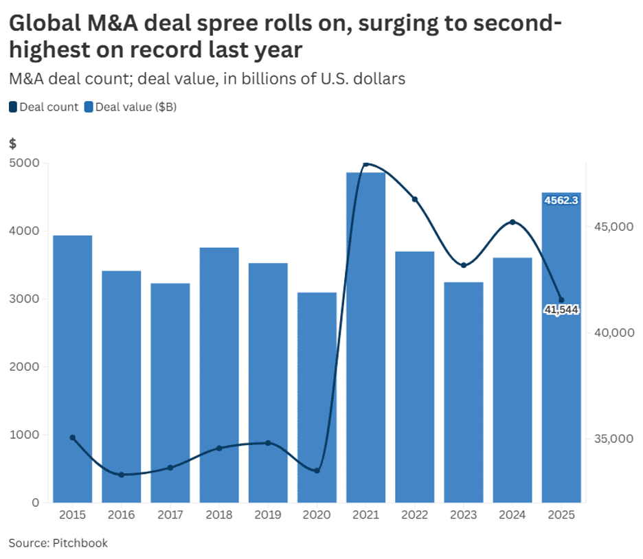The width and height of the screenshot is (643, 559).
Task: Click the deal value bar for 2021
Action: (x=365, y=336)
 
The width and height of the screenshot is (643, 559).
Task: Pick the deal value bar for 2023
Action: (x=463, y=391)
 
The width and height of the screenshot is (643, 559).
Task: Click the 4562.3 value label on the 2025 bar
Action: (x=561, y=201)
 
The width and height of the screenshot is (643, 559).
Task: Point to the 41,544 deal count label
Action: (x=561, y=310)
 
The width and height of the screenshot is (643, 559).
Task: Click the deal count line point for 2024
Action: (x=512, y=222)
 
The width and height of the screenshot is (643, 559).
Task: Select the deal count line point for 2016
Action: (x=122, y=475)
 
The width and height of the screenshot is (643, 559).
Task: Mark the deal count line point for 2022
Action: (x=414, y=199)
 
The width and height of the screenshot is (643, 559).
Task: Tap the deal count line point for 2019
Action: (x=268, y=443)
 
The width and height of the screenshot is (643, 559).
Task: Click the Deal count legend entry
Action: (x=44, y=106)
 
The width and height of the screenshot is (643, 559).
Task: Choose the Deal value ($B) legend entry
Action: (x=130, y=106)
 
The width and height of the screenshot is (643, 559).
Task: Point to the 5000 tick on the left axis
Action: (x=25, y=163)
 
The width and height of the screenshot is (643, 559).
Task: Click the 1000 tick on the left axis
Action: (x=25, y=435)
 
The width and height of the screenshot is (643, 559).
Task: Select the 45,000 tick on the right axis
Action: (x=609, y=227)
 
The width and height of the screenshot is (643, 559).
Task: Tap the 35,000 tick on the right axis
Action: (x=609, y=438)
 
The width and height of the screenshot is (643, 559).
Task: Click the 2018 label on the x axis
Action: (x=219, y=514)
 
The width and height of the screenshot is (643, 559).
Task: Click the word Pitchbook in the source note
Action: (x=80, y=543)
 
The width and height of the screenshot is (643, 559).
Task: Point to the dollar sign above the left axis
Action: (x=12, y=144)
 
